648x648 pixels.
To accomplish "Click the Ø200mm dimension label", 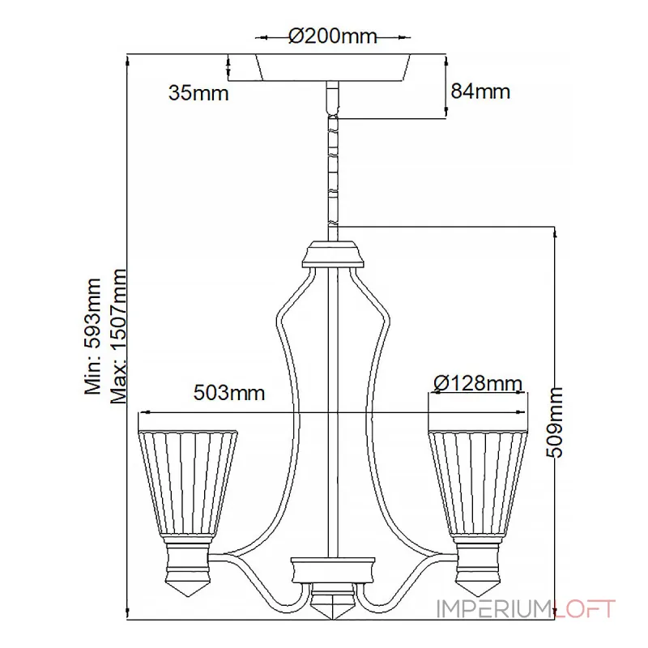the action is [333, 36].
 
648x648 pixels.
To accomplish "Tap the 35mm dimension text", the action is [198, 93].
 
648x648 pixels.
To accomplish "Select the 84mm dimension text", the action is [480, 91].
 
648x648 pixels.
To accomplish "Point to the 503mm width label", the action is [229, 392].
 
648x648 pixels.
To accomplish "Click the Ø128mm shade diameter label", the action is [478, 383].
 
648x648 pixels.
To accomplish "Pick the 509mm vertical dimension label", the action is [555, 422].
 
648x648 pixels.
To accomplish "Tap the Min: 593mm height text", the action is [92, 336].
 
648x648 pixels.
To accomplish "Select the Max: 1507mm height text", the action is [118, 336].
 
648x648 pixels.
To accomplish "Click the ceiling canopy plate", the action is [333, 66].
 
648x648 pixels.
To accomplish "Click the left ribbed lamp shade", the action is [188, 483].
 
